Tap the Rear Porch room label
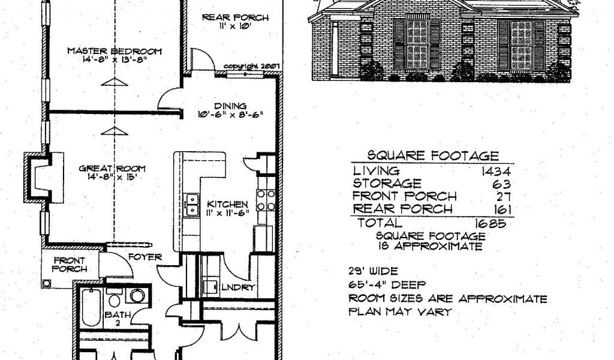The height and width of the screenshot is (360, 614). click(x=234, y=17)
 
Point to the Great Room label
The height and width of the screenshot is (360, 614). click(x=113, y=169)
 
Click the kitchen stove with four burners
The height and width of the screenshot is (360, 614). click(x=266, y=200)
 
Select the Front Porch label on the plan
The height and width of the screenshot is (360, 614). click(x=70, y=265)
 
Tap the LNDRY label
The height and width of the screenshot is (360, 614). click(x=239, y=287)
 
